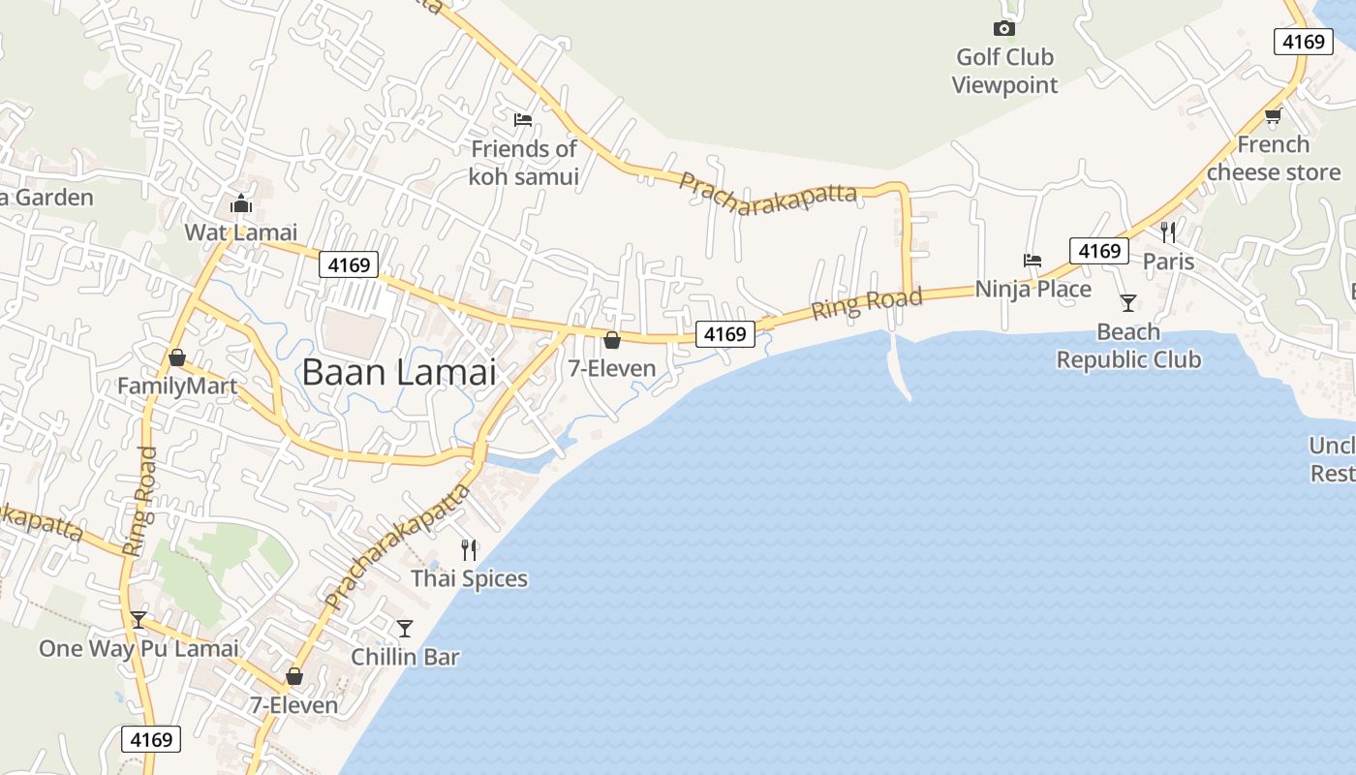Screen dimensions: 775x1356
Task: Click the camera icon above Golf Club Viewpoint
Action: click(x=1004, y=28)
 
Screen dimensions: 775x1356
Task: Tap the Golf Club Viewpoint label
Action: click(x=1004, y=71)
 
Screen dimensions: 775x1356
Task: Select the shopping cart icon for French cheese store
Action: click(x=1273, y=116)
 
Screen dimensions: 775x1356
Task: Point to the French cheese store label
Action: click(x=1273, y=158)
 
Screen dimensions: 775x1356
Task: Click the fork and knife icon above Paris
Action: click(x=1168, y=232)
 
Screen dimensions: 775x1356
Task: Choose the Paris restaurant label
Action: click(x=1168, y=262)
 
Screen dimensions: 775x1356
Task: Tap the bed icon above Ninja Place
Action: click(x=1032, y=260)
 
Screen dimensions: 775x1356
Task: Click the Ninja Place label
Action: click(x=1032, y=289)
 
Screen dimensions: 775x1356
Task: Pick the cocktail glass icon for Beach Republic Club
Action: click(x=1128, y=303)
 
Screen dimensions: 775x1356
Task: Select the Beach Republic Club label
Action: click(x=1128, y=346)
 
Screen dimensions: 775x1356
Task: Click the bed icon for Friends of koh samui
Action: click(x=523, y=119)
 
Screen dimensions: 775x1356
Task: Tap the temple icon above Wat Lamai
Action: click(x=240, y=203)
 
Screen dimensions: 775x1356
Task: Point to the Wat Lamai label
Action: click(x=240, y=232)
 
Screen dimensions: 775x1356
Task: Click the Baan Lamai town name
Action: click(x=399, y=372)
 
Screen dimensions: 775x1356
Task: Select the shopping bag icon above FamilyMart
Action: click(x=176, y=357)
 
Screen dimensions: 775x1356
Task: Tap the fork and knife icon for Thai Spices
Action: click(x=470, y=550)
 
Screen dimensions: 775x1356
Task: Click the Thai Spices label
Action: click(x=470, y=578)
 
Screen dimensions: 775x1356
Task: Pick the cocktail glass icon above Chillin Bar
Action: click(x=405, y=628)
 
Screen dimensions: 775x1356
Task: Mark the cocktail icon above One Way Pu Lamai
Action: click(x=139, y=619)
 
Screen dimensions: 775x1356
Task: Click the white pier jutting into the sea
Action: click(x=899, y=368)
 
